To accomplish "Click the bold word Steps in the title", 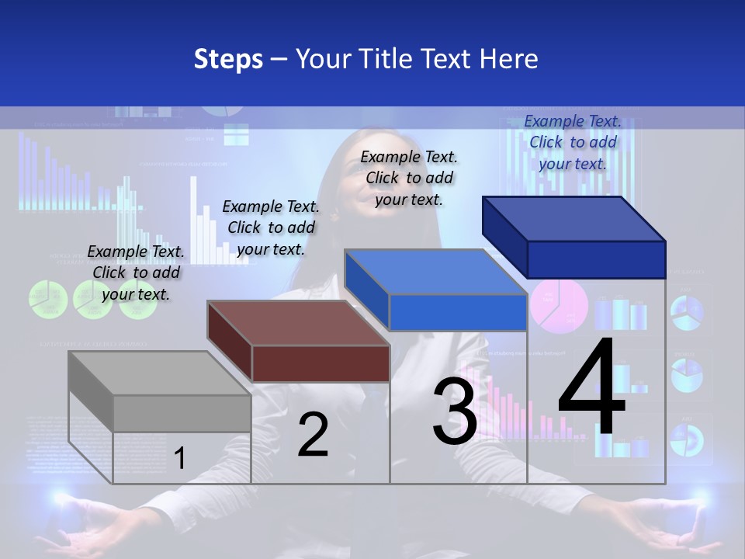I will pyautogui.click(x=228, y=59).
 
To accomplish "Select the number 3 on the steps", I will pyautogui.click(x=455, y=411).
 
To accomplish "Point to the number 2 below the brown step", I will pyautogui.click(x=313, y=435).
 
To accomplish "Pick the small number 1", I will pyautogui.click(x=180, y=459).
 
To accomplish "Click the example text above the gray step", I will pyautogui.click(x=136, y=273).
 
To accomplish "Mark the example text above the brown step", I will pyautogui.click(x=271, y=227).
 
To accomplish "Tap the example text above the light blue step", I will pyautogui.click(x=409, y=178).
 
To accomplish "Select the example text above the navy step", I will pyautogui.click(x=573, y=142).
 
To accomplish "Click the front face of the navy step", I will pyautogui.click(x=596, y=259).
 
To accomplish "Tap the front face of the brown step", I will pyautogui.click(x=321, y=363).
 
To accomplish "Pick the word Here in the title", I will pyautogui.click(x=511, y=59).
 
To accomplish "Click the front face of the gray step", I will pyautogui.click(x=182, y=413).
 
